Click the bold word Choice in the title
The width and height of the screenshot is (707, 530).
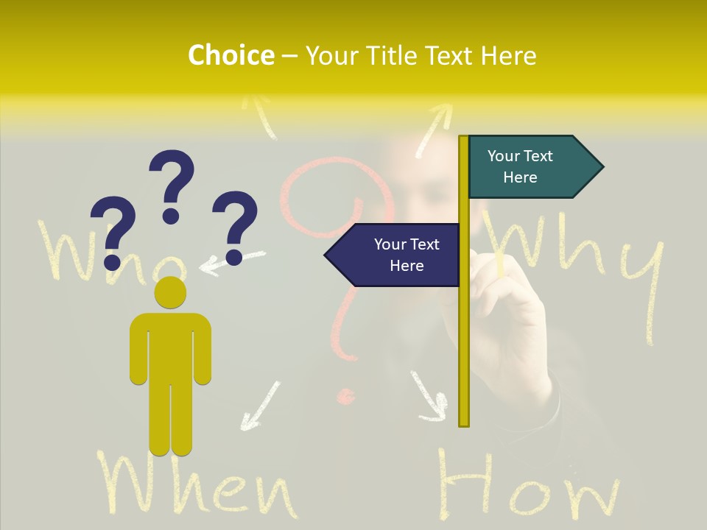231,56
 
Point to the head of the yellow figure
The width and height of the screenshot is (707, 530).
170,292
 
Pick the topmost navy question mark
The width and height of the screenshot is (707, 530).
172,185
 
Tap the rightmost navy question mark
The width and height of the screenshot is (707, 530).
235,227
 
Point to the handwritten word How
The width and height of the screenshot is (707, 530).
527,486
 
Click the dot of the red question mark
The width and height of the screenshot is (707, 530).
344,397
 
